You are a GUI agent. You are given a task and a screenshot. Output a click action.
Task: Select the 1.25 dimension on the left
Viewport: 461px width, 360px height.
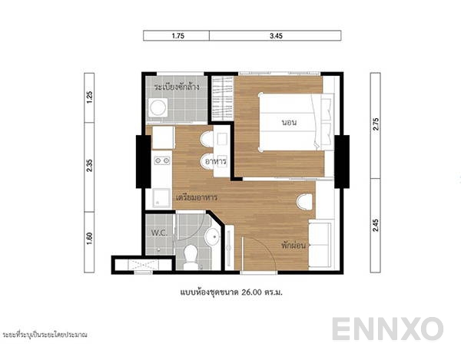tap(89, 97)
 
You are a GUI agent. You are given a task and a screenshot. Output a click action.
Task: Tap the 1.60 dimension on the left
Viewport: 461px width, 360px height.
tap(89, 238)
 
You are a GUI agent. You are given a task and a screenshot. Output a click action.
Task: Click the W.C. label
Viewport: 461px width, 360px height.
tap(159, 232)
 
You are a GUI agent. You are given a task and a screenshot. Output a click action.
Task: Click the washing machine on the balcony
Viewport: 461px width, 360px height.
tap(158, 110)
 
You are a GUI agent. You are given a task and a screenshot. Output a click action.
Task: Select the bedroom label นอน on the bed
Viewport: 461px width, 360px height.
tap(290, 122)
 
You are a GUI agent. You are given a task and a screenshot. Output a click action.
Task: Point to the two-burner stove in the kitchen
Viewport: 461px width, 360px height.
tap(161, 161)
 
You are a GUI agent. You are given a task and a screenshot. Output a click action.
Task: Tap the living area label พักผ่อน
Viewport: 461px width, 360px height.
tap(294, 247)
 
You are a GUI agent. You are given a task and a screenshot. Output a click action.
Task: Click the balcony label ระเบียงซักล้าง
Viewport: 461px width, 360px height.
tap(177, 88)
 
